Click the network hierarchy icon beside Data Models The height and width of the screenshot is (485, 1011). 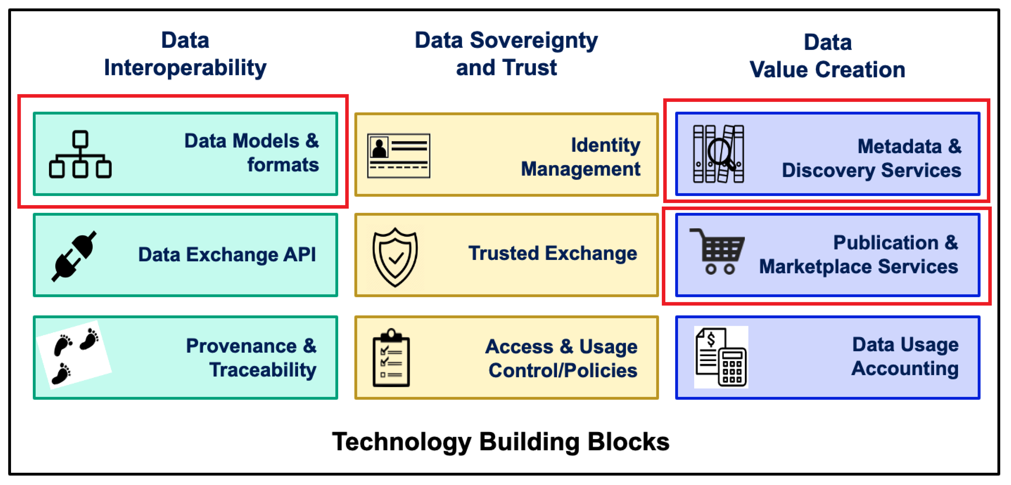(x=80, y=154)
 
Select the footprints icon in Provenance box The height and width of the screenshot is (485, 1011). (x=74, y=355)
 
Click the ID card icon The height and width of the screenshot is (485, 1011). (x=398, y=156)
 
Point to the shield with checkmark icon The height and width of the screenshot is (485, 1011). (x=395, y=257)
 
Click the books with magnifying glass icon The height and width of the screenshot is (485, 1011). (x=718, y=154)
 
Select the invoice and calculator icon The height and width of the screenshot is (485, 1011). (x=721, y=357)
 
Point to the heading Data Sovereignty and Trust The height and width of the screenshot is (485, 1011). (x=506, y=54)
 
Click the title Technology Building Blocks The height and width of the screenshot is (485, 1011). (x=501, y=441)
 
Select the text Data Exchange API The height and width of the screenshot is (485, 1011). (x=227, y=255)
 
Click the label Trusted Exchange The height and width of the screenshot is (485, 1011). (x=553, y=253)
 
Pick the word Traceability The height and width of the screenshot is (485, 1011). (x=263, y=370)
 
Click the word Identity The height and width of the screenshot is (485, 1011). (x=605, y=145)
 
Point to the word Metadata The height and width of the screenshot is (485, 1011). (x=899, y=146)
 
